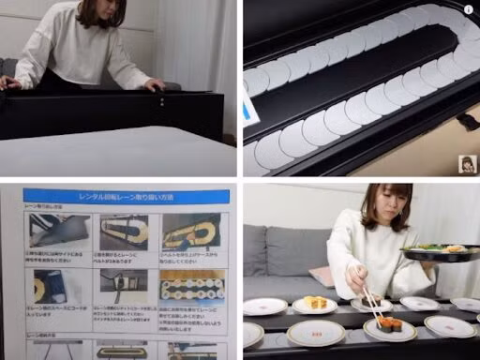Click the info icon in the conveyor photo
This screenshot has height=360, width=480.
pos(469,8)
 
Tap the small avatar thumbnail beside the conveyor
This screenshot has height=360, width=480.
pos(465,164)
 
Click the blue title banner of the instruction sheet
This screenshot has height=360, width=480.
pos(125,196)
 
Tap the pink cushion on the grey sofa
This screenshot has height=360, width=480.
pos(322,276)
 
